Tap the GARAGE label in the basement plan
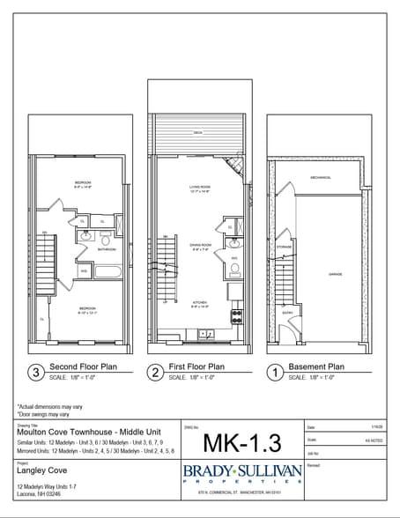[x=335, y=274]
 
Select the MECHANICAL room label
[x=321, y=178]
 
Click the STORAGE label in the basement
[x=284, y=247]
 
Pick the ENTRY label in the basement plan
[x=287, y=313]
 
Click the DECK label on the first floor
[x=197, y=133]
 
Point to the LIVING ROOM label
[x=199, y=188]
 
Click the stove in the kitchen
[x=236, y=314]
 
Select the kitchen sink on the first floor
[x=206, y=333]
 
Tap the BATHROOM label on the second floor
[x=107, y=249]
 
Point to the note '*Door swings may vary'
[x=45, y=413]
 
